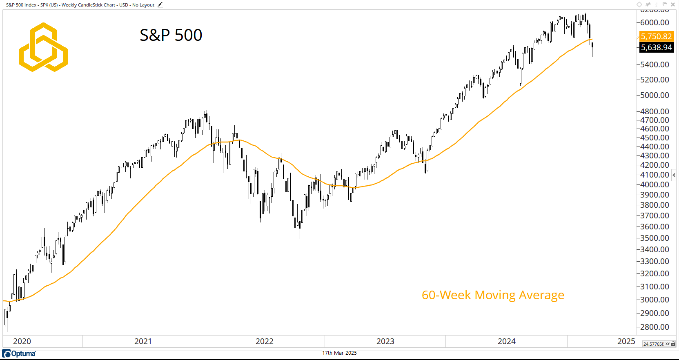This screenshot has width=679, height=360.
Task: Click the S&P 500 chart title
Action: point(171,35)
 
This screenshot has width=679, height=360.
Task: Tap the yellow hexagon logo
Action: point(43,47)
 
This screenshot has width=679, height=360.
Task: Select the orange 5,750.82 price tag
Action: point(656,36)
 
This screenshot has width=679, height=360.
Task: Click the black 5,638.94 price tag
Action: point(656,47)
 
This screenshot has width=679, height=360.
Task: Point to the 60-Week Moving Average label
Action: point(493,295)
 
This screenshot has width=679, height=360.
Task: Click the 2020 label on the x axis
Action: point(22,341)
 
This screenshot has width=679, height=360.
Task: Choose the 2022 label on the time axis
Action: point(264,341)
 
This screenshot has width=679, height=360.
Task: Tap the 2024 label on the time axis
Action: point(506,341)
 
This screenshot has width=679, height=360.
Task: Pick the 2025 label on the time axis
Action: point(626,341)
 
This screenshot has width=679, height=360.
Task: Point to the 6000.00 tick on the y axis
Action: point(655,22)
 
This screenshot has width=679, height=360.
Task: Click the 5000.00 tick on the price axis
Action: point(655,95)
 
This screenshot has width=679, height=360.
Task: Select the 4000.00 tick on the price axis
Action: point(655,184)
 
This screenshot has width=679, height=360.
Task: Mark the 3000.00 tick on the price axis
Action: point(655,300)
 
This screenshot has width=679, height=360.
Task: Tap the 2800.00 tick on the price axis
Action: point(655,327)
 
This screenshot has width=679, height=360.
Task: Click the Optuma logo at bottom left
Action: point(19,353)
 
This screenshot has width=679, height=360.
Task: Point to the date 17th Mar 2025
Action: point(339,353)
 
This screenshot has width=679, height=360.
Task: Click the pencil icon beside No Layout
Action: point(160,5)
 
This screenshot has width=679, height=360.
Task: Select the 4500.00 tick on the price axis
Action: point(655,138)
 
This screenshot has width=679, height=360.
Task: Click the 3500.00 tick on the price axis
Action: point(655,238)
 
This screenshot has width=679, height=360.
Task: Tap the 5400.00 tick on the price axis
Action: point(655,64)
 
